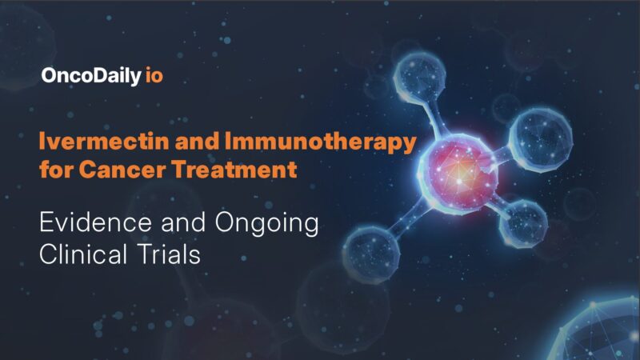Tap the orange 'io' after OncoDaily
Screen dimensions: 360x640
pos(156,77)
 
